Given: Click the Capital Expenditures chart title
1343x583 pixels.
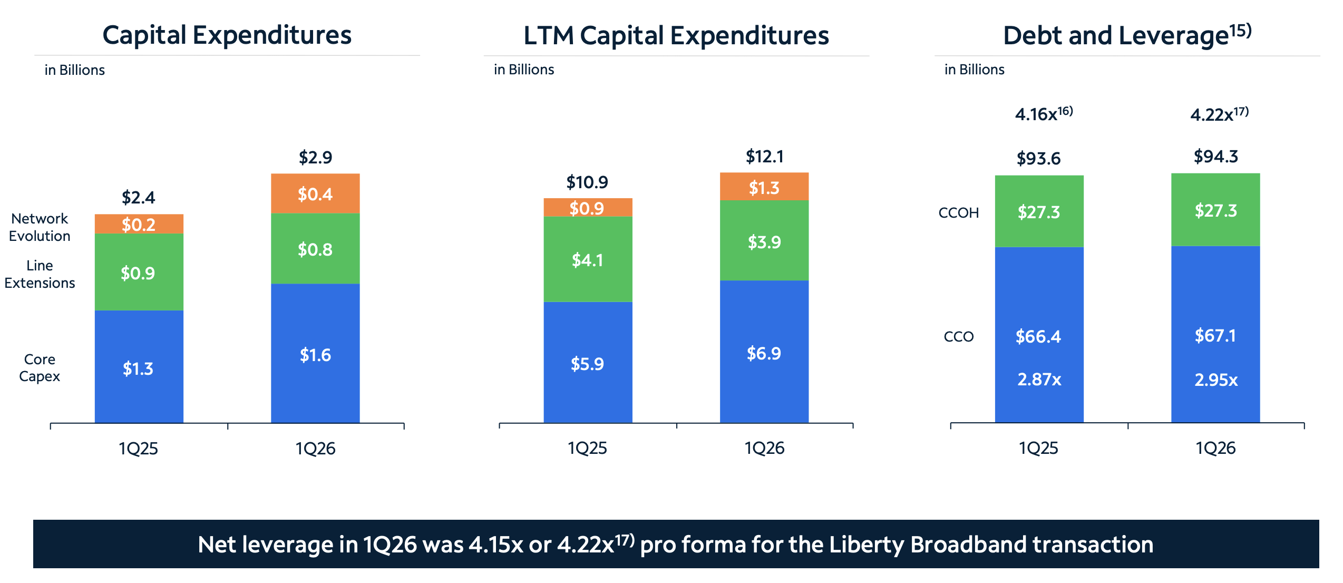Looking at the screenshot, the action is coord(227,35).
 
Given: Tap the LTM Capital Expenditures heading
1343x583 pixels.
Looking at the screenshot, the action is coord(676,36).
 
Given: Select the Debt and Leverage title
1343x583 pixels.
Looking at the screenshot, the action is coord(1127,35).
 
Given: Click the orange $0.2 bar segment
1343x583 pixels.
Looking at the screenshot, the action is coord(139,224).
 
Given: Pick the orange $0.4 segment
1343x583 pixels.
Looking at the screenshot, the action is coord(315,193).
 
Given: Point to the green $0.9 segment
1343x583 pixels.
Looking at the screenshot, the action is coord(139,272).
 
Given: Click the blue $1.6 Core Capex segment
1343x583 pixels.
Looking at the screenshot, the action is coord(315,353).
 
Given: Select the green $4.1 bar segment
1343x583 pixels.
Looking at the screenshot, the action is coord(588,259).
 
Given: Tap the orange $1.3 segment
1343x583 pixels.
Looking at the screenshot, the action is coord(764,187).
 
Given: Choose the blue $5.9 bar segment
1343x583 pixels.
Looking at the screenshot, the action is coord(588,363).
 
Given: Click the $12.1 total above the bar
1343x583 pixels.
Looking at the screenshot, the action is coord(764,157).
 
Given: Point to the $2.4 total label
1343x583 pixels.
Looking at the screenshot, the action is coord(139,198).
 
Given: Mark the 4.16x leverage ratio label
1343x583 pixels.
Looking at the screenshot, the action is coord(1044,113).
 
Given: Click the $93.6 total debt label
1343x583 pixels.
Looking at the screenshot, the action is coord(1038,158).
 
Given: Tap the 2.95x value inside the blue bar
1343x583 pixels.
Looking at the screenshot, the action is coord(1216,380).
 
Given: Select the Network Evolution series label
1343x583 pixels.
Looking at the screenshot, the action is coord(40,227).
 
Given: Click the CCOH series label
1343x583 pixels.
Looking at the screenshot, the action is coord(958,213).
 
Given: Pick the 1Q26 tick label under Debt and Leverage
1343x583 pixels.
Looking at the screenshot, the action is coord(1215,448).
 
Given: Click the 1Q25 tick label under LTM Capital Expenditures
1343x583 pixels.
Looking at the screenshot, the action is coord(587,448).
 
